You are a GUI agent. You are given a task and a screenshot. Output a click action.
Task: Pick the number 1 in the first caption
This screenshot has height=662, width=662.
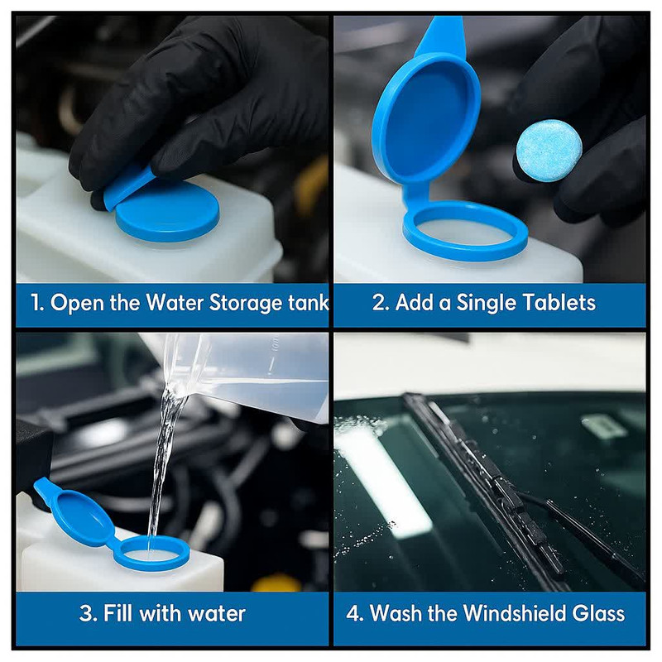click(x=36, y=303)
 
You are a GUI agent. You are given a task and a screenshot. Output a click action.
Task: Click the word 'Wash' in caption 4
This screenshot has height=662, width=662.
click(x=396, y=613)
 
